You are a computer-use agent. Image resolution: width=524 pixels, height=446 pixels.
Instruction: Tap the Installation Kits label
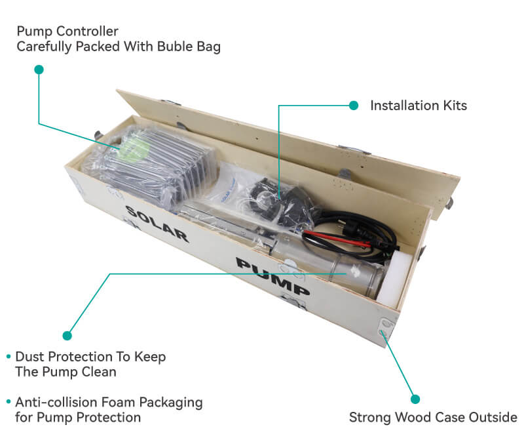419,105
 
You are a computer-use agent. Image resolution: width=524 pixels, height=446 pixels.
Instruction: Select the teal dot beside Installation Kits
354,105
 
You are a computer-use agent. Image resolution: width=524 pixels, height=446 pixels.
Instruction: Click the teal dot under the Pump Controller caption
39,69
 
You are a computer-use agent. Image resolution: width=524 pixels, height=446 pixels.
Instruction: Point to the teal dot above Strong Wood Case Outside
414,398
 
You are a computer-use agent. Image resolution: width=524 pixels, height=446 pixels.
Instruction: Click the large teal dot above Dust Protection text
67,335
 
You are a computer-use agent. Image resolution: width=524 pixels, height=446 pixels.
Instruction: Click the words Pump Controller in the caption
67,31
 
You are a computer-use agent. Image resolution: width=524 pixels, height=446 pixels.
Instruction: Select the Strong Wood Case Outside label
433,417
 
